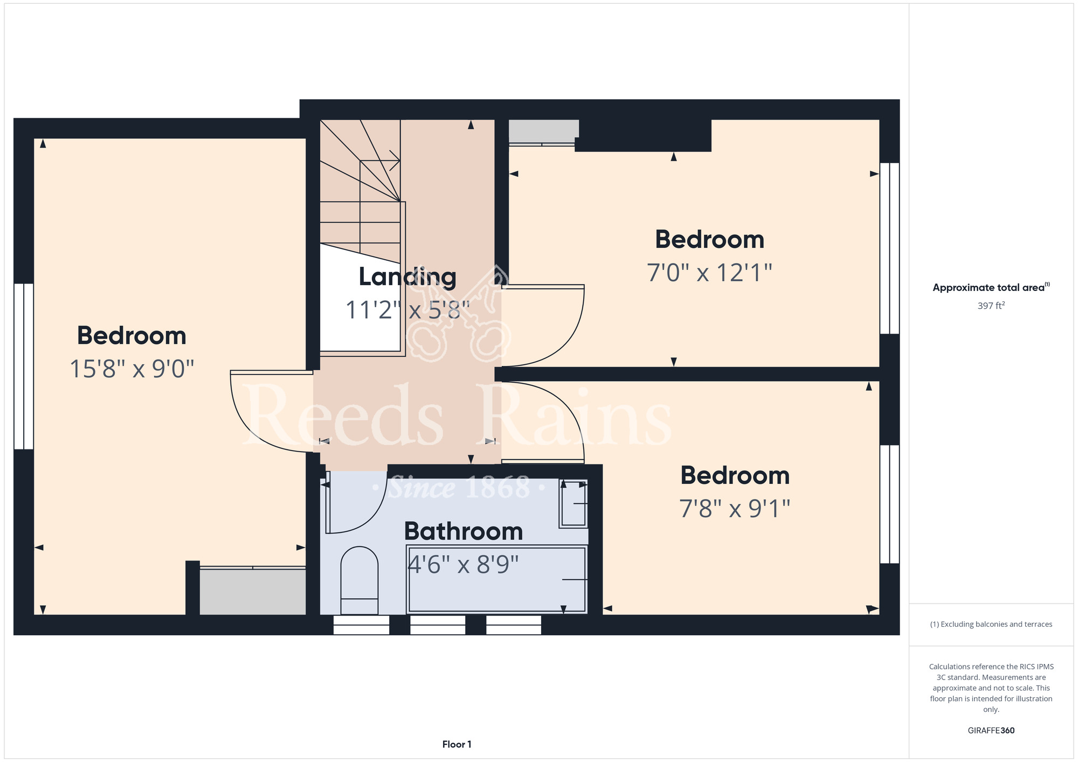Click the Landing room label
point(407,277)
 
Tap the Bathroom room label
point(464,531)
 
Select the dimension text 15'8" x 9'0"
point(132,369)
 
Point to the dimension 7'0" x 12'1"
point(709,273)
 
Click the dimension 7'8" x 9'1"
point(735,508)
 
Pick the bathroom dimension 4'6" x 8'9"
point(463,564)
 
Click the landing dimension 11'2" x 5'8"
point(407,310)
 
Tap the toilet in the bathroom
point(360,580)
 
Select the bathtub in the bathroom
point(497,579)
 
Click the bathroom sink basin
point(573,503)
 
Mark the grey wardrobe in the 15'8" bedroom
point(253,592)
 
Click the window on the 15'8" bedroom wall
point(24,366)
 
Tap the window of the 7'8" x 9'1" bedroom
point(889,504)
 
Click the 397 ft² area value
point(991,306)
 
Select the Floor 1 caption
point(457,744)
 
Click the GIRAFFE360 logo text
point(991,731)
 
